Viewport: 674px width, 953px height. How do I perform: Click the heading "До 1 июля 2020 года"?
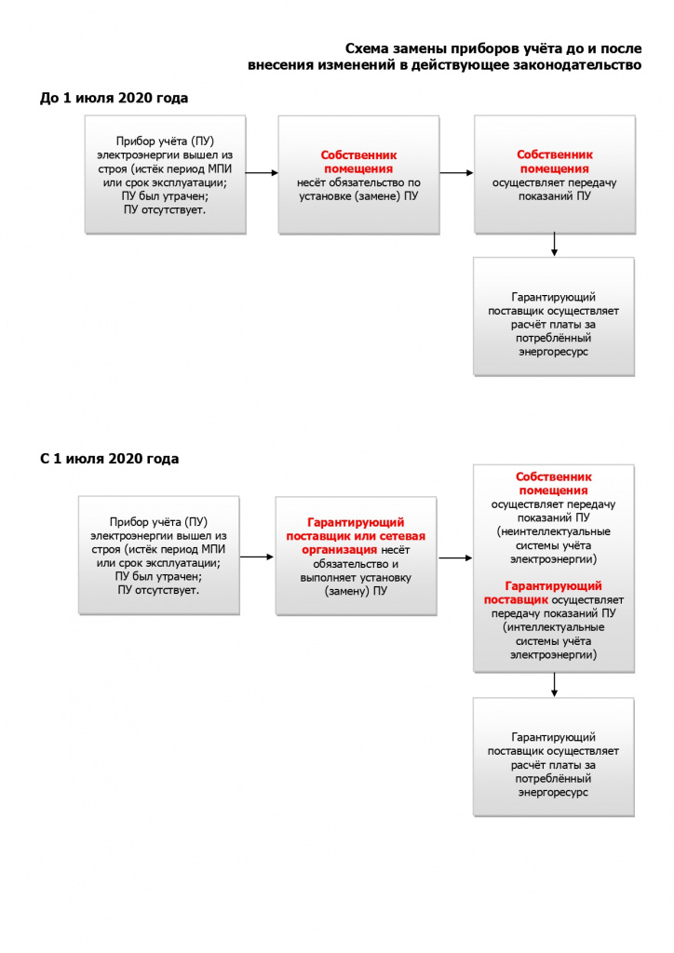pyautogui.click(x=114, y=98)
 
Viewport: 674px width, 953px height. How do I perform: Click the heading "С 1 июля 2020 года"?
pyautogui.click(x=110, y=458)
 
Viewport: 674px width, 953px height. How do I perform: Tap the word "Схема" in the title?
pyautogui.click(x=367, y=48)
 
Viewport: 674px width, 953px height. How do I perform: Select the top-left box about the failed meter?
pyautogui.click(x=166, y=175)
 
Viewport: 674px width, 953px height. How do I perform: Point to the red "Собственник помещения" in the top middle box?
pyautogui.click(x=358, y=162)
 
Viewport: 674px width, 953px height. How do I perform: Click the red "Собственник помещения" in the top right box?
pyautogui.click(x=554, y=162)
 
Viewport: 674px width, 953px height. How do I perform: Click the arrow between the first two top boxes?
pyautogui.click(x=262, y=173)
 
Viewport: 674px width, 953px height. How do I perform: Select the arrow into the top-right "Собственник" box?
pyautogui.click(x=456, y=173)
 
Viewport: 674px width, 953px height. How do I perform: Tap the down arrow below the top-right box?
pyautogui.click(x=554, y=245)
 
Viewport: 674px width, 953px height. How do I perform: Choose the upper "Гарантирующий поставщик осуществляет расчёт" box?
pyautogui.click(x=554, y=316)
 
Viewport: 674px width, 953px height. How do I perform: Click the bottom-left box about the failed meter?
pyautogui.click(x=158, y=556)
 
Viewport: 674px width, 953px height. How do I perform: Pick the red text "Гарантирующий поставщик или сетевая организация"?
pyautogui.click(x=356, y=536)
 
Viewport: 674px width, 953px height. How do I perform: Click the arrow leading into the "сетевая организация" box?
pyautogui.click(x=257, y=557)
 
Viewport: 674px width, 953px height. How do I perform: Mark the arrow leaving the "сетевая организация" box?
pyautogui.click(x=455, y=557)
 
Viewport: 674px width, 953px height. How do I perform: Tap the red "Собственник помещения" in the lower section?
pyautogui.click(x=553, y=483)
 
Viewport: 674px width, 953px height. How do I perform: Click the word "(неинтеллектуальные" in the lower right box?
pyautogui.click(x=553, y=531)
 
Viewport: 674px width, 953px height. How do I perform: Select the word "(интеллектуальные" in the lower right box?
pyautogui.click(x=553, y=627)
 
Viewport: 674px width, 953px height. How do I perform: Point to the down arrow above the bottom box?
pyautogui.click(x=554, y=685)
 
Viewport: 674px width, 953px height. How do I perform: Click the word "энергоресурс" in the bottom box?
pyautogui.click(x=553, y=793)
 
